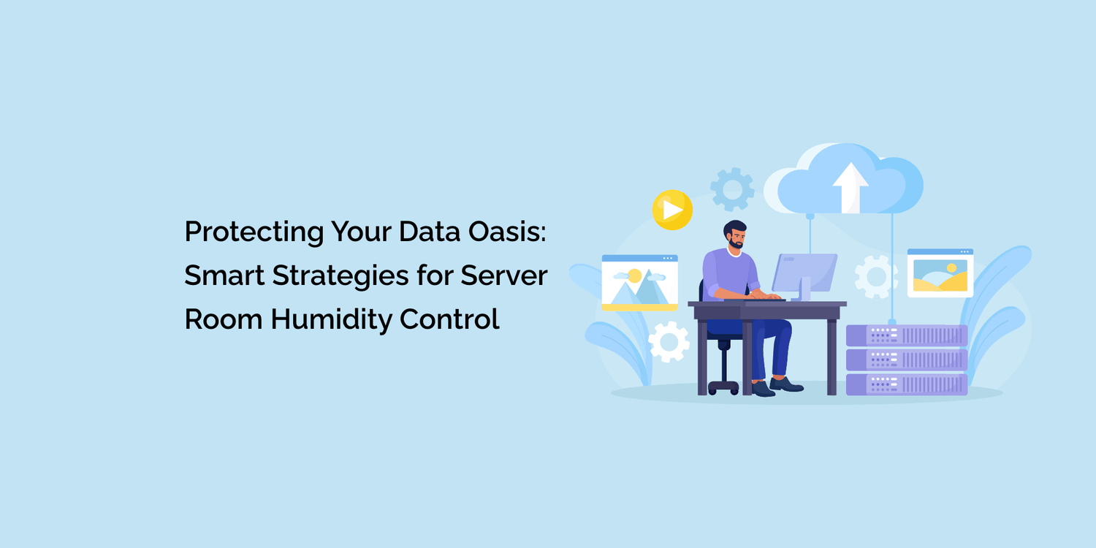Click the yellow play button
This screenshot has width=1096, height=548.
pos(672,210)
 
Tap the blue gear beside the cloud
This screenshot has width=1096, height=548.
pos(732,189)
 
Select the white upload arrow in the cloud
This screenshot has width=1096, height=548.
pos(850,187)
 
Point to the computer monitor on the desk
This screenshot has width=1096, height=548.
pos(805,272)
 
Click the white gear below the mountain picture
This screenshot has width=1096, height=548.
pos(669,341)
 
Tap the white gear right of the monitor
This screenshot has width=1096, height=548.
pos(876,277)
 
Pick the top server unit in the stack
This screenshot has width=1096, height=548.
pos(907,335)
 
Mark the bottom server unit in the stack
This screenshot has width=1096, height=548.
pos(907,384)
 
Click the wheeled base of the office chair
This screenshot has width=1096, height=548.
pos(723,387)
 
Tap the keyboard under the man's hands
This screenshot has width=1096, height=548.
pos(764,299)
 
